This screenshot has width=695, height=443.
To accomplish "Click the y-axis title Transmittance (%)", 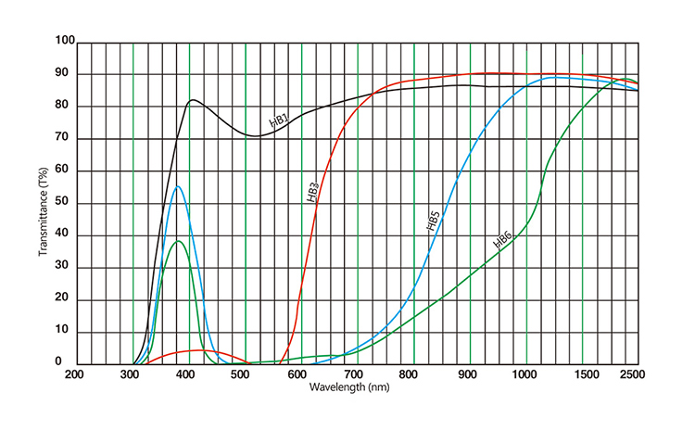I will click(43, 203).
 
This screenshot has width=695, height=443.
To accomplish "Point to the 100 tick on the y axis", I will click(65, 42).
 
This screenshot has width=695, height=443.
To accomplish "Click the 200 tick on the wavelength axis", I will click(75, 374).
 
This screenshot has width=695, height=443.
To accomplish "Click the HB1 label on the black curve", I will click(279, 120).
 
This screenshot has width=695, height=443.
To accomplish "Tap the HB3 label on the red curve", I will click(313, 192).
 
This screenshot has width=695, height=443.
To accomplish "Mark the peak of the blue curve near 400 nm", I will click(177, 186).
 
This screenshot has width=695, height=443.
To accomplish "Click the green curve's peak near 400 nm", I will click(179, 241).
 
